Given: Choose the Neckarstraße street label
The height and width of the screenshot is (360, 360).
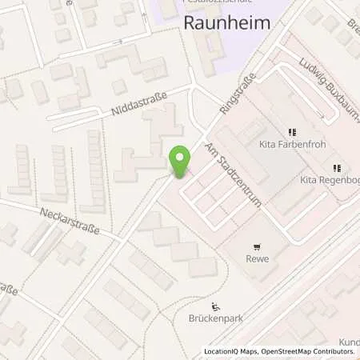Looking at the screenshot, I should [x=70, y=220].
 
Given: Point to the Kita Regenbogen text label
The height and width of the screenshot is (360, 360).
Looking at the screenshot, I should [x=330, y=181].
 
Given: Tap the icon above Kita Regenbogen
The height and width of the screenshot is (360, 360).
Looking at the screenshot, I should [x=336, y=168].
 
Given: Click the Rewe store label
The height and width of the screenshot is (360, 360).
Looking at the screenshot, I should [x=256, y=260].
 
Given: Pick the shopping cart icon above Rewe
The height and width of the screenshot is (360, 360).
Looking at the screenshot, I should [x=256, y=247].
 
